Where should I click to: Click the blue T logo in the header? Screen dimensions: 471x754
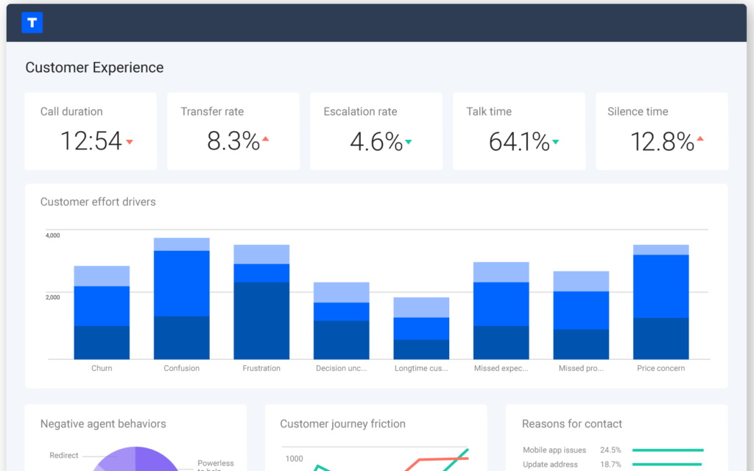pos(32,23)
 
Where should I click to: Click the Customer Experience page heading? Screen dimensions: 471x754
pos(94,68)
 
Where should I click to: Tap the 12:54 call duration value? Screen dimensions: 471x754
pos(91,141)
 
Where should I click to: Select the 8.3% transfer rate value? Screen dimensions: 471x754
pos(233,141)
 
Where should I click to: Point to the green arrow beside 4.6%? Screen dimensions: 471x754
pos(409,141)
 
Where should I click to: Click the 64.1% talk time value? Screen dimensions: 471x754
pos(518,141)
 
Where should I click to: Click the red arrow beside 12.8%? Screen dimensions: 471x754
pos(700,138)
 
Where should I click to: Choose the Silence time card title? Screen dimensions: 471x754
pos(638,112)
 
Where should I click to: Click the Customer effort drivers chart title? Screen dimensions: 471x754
pos(98,202)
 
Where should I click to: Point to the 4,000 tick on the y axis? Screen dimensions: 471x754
pos(53,235)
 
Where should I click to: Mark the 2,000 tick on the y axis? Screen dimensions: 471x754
pos(53,297)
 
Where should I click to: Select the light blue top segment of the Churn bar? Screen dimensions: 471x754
pos(102,276)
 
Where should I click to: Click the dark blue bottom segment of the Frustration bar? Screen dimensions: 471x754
pos(261,320)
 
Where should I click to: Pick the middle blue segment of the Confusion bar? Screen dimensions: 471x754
pos(181,283)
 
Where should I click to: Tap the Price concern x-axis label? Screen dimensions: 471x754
pos(660,368)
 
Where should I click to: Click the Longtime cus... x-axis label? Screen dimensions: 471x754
pos(421,368)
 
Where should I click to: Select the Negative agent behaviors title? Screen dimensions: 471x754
pos(103,424)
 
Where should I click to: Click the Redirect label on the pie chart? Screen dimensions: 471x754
pos(64,456)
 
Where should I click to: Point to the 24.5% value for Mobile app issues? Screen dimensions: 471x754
pos(610,450)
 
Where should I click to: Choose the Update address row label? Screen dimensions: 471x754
pos(550,464)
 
